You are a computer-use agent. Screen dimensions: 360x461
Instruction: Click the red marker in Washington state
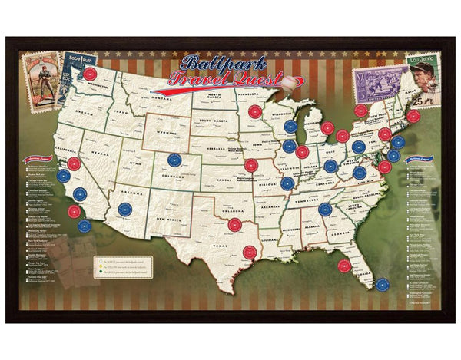point(91,74)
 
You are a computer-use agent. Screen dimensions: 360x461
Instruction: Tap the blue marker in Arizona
point(125,209)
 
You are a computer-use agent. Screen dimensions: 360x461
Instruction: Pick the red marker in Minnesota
point(254,111)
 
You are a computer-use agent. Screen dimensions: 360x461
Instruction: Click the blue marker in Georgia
point(325,209)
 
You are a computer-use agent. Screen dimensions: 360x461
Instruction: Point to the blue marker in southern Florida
point(382,284)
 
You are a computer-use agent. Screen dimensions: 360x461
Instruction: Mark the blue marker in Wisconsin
point(290,127)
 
